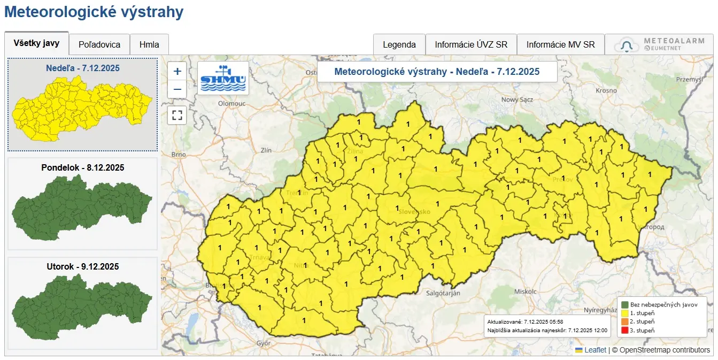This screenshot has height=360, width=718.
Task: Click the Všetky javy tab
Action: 37,43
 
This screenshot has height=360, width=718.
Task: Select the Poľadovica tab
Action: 99,44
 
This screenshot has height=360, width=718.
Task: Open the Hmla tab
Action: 149,44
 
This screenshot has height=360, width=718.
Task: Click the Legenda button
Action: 399,44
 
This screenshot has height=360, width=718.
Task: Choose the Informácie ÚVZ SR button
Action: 471,44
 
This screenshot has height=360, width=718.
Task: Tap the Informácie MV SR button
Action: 560,44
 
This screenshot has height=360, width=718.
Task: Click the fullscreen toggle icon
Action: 177,115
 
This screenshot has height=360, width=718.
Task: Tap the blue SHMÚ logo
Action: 223,78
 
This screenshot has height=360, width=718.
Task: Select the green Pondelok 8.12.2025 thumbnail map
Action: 82,208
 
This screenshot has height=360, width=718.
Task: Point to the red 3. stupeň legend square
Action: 624,330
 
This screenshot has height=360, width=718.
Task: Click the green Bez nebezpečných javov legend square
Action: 624,304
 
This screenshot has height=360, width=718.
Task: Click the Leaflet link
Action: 595,350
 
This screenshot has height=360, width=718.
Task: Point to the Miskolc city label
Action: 524,292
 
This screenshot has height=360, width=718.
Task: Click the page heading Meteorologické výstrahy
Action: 94,12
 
